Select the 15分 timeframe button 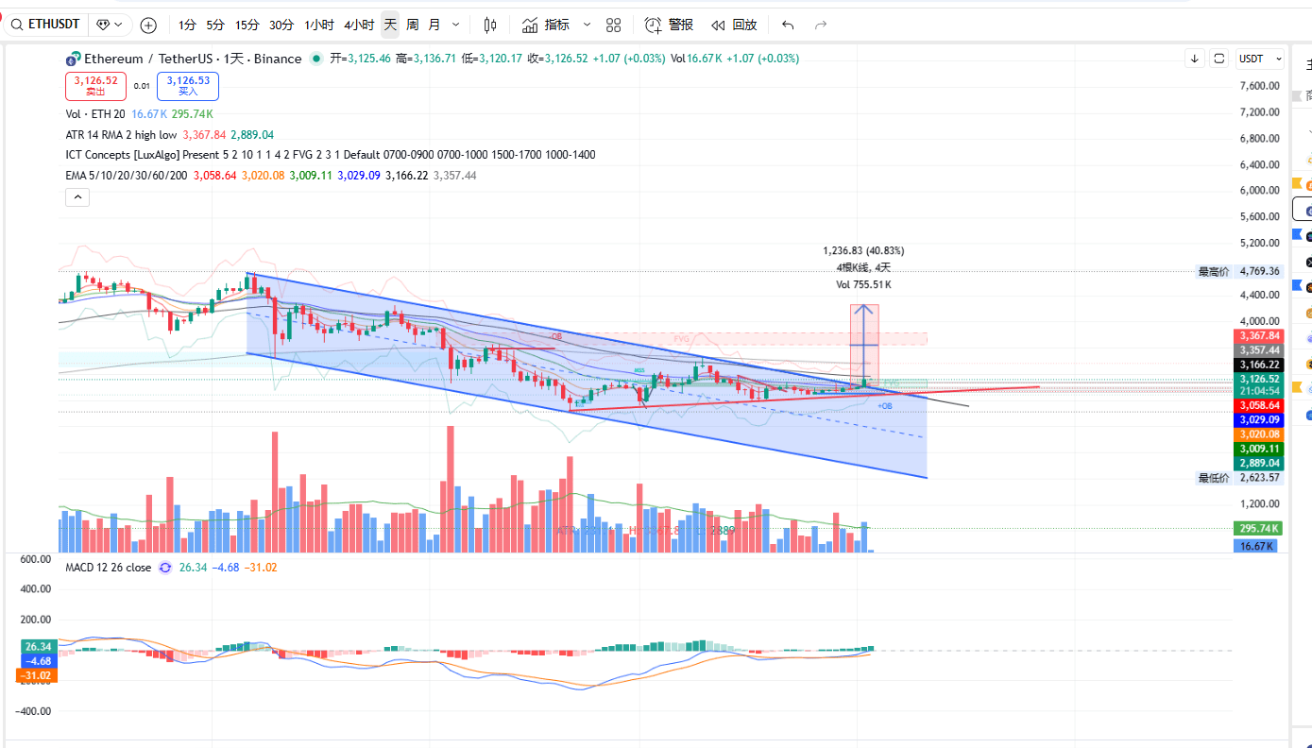247,25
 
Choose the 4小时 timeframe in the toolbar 359,25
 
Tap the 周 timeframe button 413,25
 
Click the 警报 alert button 670,25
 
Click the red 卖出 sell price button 95,86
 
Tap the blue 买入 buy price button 188,86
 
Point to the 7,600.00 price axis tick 1259,86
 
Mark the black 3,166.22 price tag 1259,365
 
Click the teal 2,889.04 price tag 1259,463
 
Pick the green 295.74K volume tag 1259,529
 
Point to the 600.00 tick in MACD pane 35,559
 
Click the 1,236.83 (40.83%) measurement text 863,251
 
